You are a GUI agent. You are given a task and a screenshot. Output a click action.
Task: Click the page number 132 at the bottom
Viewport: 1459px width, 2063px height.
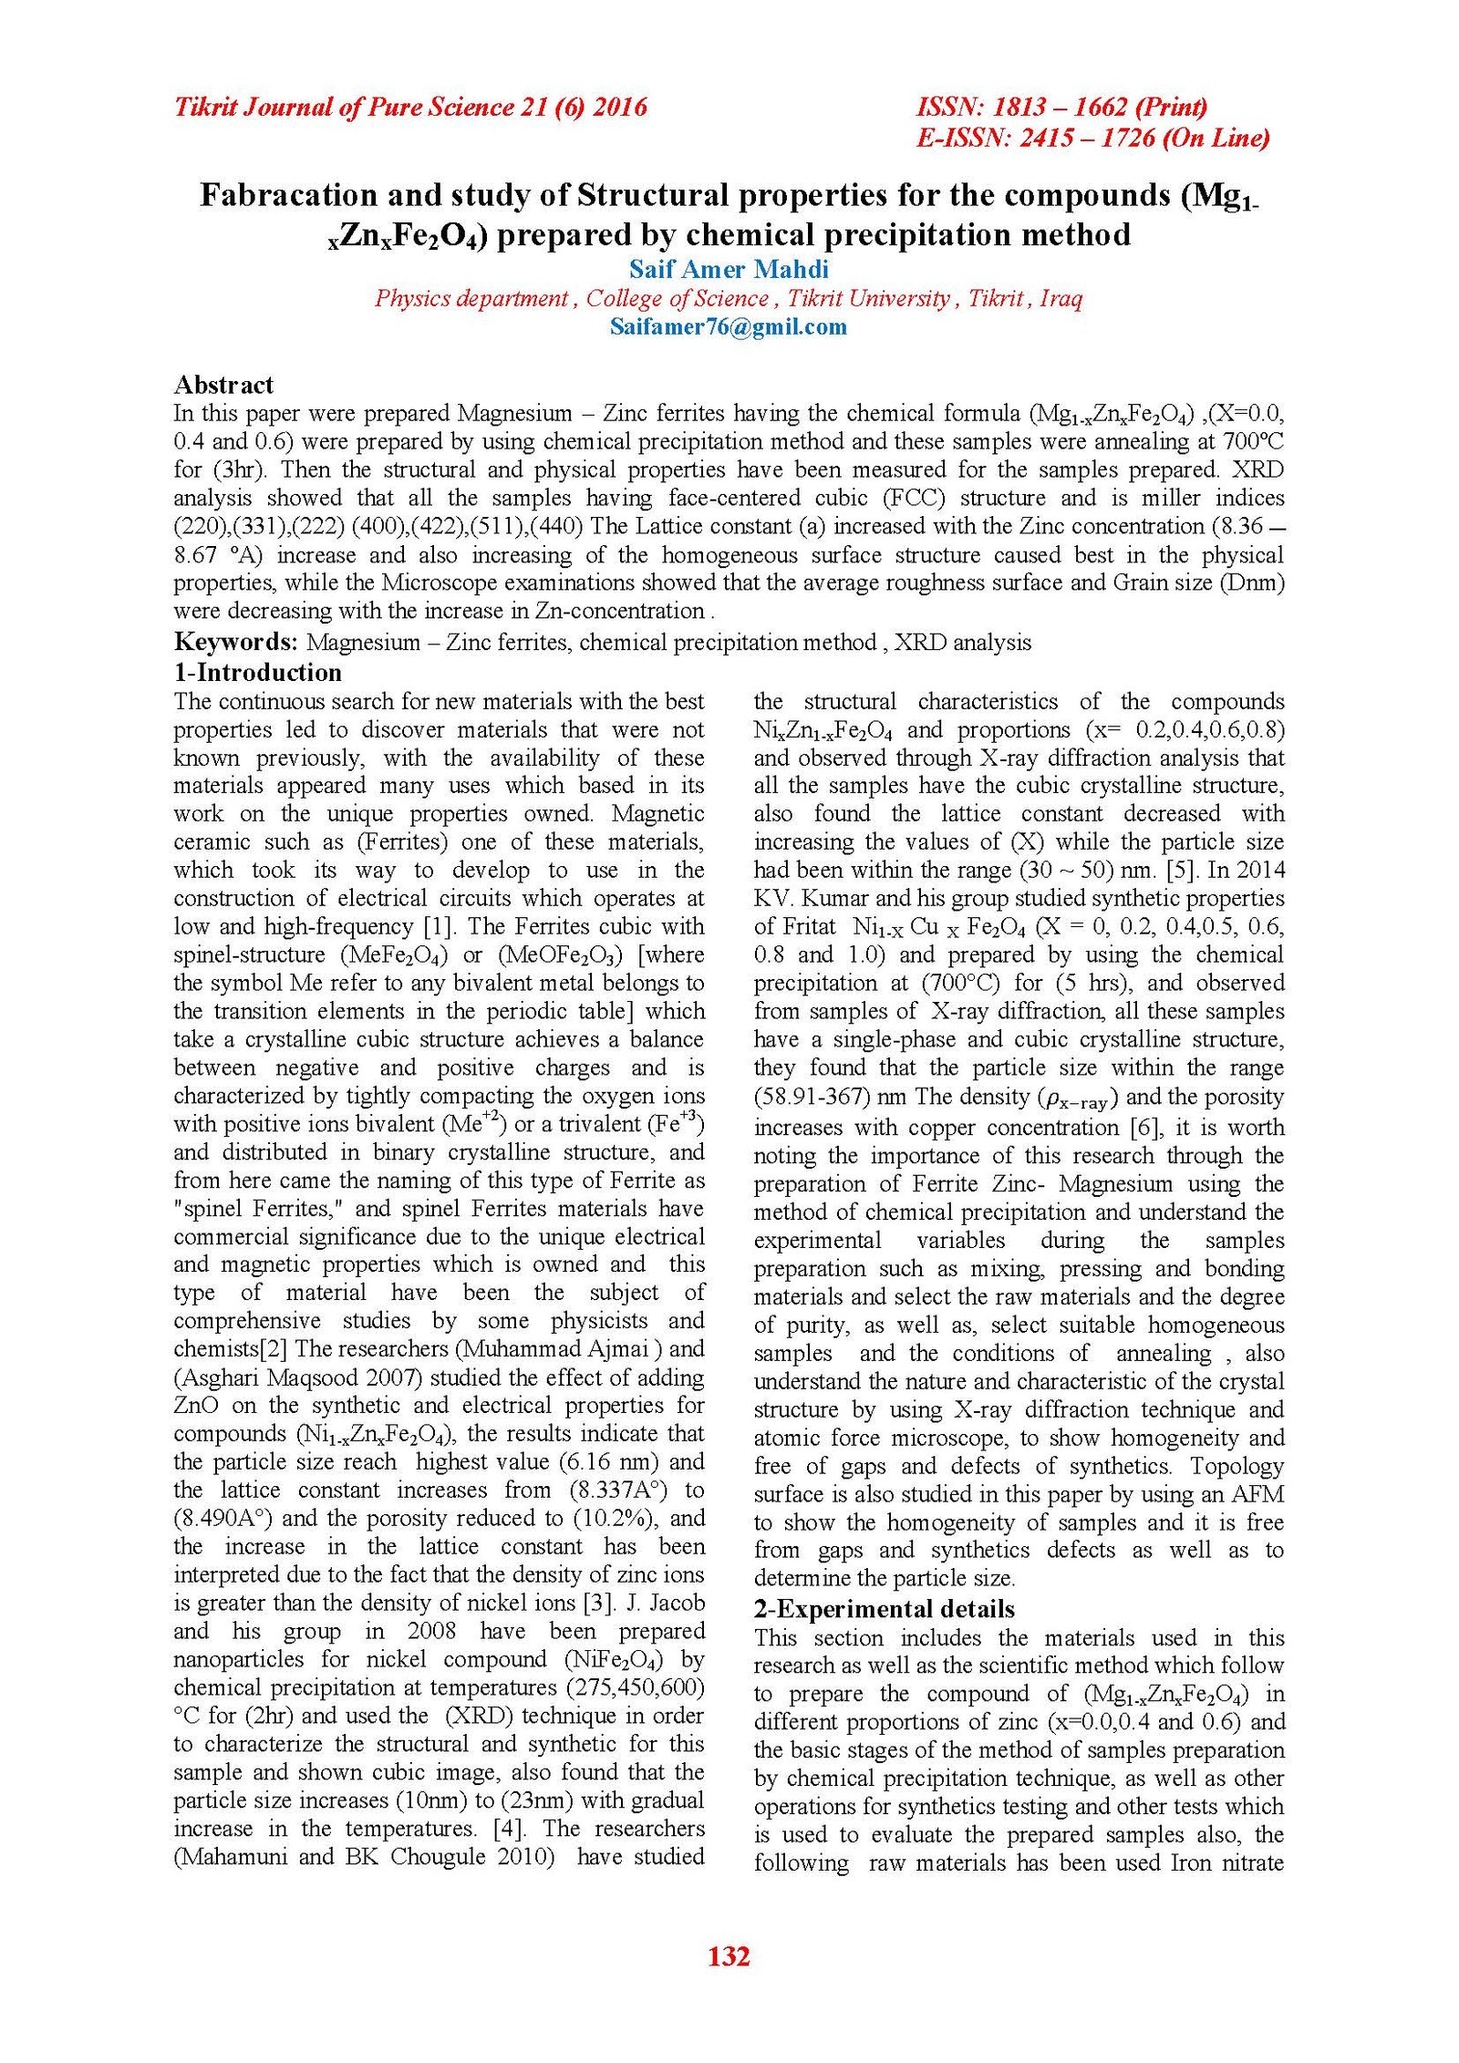click(x=728, y=1955)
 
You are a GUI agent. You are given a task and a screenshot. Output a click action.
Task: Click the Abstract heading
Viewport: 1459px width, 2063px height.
click(x=223, y=385)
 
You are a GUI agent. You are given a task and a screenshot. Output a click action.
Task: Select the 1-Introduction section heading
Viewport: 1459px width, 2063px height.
click(x=258, y=673)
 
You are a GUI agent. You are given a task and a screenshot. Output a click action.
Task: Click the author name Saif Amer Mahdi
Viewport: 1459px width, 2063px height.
click(x=729, y=269)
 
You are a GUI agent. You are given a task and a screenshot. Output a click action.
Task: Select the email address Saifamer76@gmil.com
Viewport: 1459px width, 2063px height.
click(x=728, y=326)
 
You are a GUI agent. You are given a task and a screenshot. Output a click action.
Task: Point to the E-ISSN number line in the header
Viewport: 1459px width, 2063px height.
click(x=1092, y=138)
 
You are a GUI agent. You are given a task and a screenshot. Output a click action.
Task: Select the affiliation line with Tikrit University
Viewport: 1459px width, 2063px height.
click(x=728, y=298)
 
